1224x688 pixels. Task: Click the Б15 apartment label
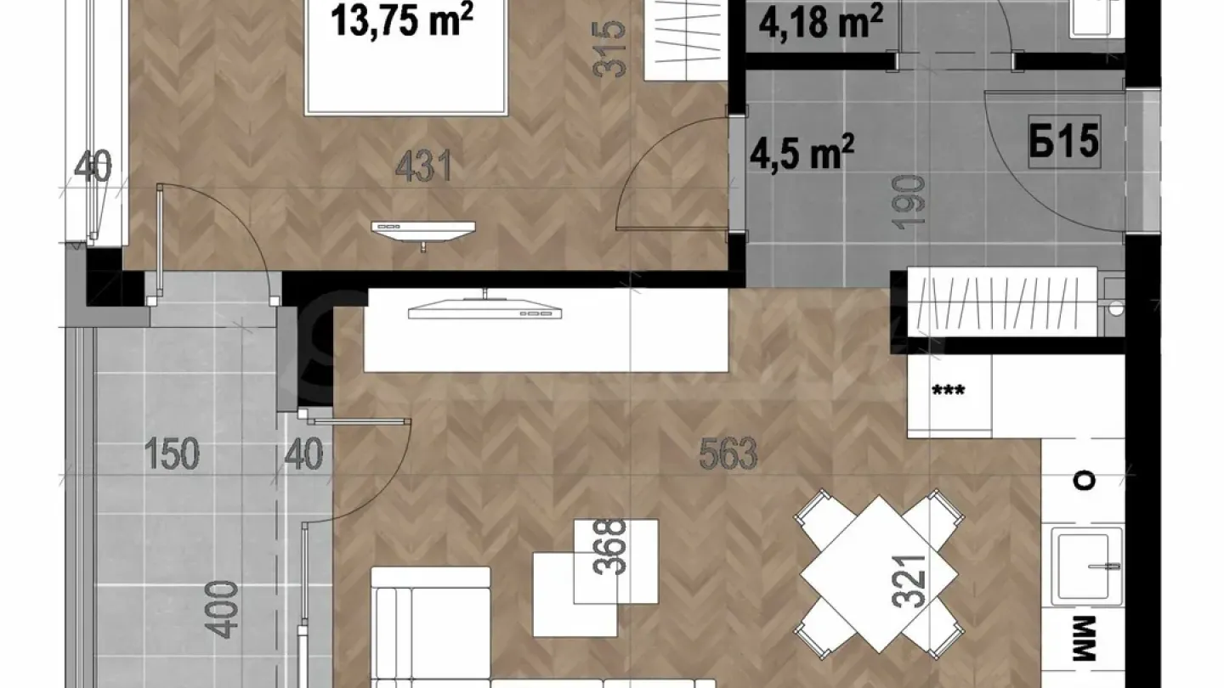click(x=1064, y=143)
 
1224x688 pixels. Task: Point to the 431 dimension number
click(x=423, y=167)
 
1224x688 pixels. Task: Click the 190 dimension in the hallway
click(x=910, y=200)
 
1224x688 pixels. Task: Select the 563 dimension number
click(x=728, y=455)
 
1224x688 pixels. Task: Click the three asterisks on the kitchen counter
click(x=949, y=392)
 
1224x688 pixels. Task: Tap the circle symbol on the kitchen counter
click(x=1085, y=481)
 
